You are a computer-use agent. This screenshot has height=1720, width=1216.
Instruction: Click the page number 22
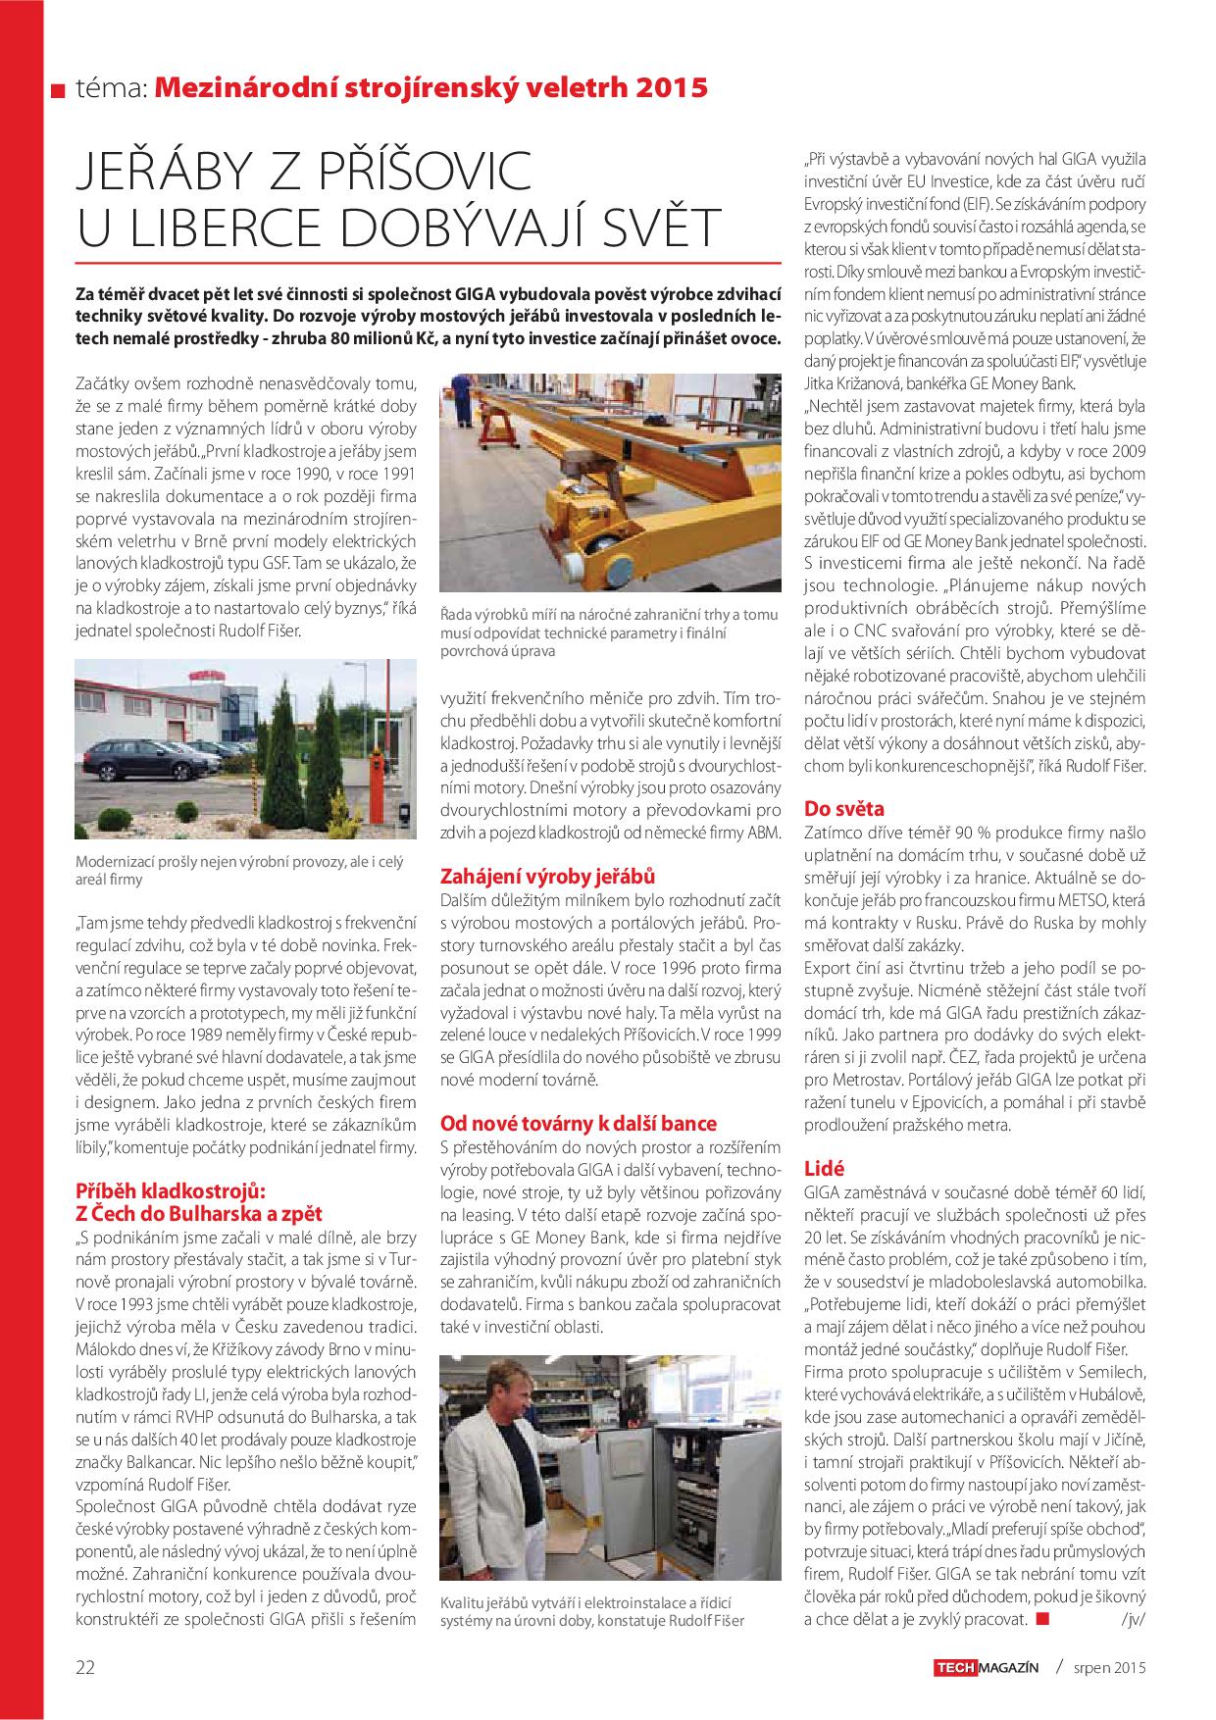(x=85, y=1667)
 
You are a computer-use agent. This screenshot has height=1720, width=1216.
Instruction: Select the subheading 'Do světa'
(x=843, y=809)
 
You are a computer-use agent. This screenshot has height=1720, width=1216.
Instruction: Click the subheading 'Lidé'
(x=824, y=1168)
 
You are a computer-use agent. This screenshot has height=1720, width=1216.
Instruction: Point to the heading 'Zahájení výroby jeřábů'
(x=547, y=876)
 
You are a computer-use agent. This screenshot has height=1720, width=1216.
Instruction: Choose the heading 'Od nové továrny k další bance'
(x=579, y=1123)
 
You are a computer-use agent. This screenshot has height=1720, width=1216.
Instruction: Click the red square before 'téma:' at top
(x=57, y=91)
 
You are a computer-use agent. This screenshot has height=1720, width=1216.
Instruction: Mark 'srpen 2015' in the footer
(x=1109, y=1667)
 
